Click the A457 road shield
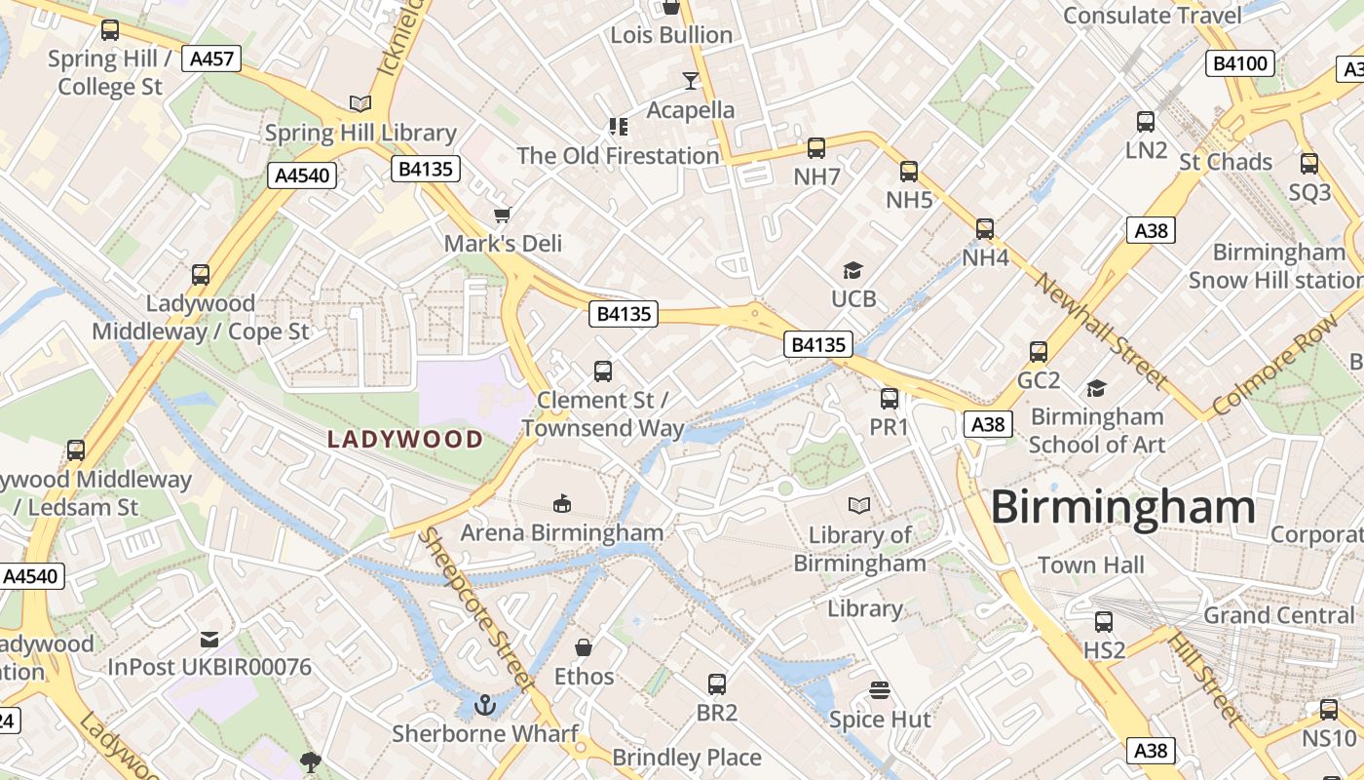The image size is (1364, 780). (x=211, y=58)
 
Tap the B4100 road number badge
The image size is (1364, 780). (x=1240, y=64)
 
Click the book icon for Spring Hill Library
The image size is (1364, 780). (x=360, y=103)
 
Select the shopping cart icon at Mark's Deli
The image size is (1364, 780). (x=503, y=214)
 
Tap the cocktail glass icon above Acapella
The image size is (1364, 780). (x=691, y=80)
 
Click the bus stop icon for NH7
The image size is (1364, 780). (x=816, y=148)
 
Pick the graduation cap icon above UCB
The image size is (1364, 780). (x=853, y=270)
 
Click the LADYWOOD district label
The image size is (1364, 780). (x=405, y=439)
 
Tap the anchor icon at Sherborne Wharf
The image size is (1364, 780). (x=484, y=704)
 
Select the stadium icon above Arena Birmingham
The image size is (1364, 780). (x=561, y=504)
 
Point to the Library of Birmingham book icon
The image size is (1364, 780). (x=858, y=505)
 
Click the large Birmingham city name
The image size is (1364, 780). (x=1123, y=508)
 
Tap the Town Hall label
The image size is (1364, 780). (x=1090, y=565)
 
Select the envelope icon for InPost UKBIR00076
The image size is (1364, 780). (x=209, y=640)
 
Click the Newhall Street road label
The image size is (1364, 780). (x=1102, y=330)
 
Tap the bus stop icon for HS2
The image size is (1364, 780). (x=1104, y=622)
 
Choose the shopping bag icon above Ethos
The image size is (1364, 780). (x=584, y=647)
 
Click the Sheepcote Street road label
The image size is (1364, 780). (x=476, y=608)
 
